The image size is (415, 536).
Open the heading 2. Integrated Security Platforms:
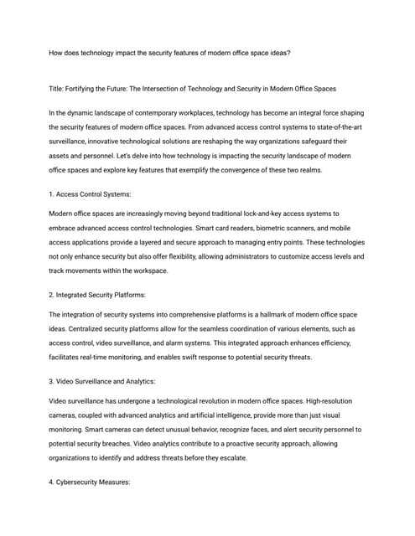(97, 295)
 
